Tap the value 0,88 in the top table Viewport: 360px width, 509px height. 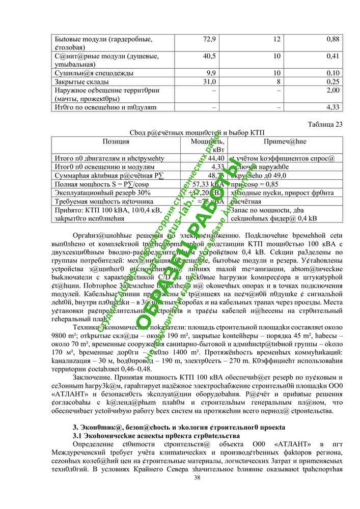click(333, 39)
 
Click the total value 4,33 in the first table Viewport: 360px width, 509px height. click(333, 107)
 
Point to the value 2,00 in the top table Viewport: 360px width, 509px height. click(333, 91)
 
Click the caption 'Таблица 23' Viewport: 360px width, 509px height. click(325, 124)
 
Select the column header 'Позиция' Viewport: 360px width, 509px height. click(116, 142)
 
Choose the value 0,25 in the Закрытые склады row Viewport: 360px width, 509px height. click(333, 82)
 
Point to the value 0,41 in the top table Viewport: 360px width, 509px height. click(333, 56)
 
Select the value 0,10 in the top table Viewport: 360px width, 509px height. click(333, 73)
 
